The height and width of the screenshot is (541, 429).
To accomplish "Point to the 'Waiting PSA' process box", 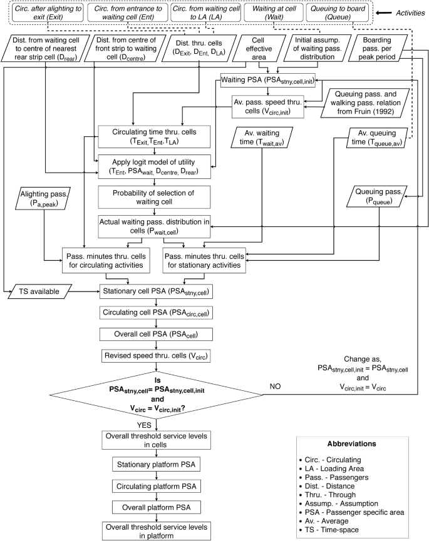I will tap(268, 80).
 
